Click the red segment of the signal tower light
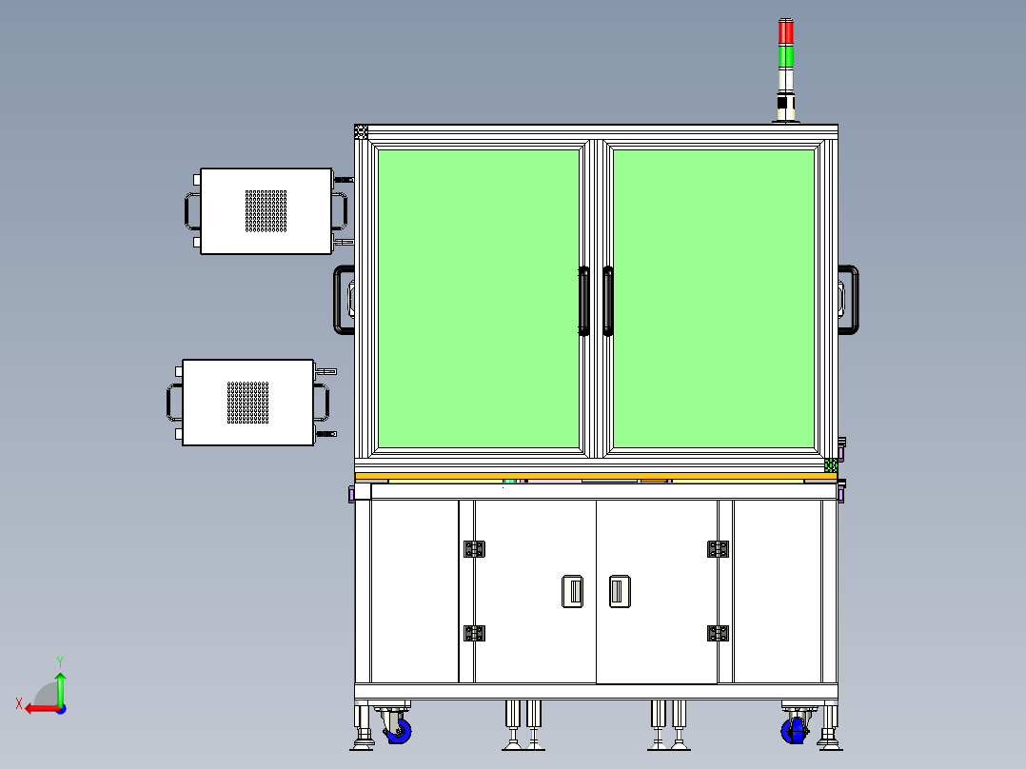pyautogui.click(x=785, y=32)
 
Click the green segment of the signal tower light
pyautogui.click(x=785, y=56)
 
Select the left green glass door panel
pyautogui.click(x=479, y=298)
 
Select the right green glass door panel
pyautogui.click(x=714, y=298)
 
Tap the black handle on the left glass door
pyautogui.click(x=584, y=301)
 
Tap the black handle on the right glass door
pyautogui.click(x=608, y=301)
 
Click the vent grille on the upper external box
pyautogui.click(x=266, y=210)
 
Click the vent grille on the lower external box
pyautogui.click(x=247, y=403)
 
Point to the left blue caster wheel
pyautogui.click(x=398, y=731)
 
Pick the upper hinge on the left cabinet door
pyautogui.click(x=473, y=548)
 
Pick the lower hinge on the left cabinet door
pyautogui.click(x=473, y=633)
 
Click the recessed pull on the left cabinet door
pyautogui.click(x=572, y=591)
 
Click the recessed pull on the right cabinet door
pyautogui.click(x=620, y=591)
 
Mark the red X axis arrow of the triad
pyautogui.click(x=36, y=708)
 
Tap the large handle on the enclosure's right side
pyautogui.click(x=848, y=300)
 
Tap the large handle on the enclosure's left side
pyautogui.click(x=343, y=300)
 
